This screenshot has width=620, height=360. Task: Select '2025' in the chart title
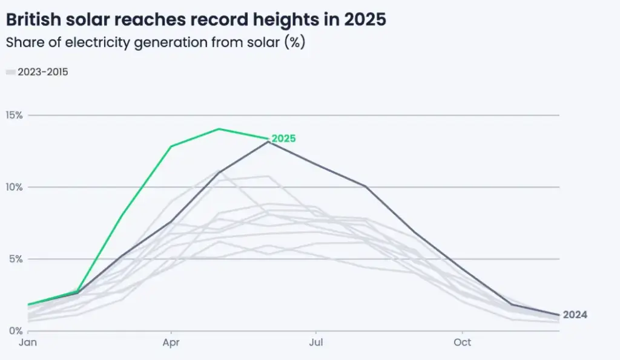tap(364, 19)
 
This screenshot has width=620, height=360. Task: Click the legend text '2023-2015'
tap(43, 72)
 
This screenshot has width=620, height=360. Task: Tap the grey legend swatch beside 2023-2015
tap(10, 73)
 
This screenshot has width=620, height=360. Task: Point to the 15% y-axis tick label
tap(14, 115)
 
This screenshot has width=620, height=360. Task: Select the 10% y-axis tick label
tap(14, 187)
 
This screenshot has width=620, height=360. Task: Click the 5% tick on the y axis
tap(16, 259)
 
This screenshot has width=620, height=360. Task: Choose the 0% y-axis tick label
tap(16, 331)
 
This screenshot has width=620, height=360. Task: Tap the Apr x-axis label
tap(171, 342)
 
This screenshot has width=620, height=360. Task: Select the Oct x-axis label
tap(462, 342)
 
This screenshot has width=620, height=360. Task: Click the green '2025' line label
tap(283, 139)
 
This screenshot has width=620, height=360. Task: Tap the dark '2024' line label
tap(575, 315)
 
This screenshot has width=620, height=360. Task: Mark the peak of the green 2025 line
tap(219, 129)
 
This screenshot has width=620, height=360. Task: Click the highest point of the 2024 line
tap(268, 142)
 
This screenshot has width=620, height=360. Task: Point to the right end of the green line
tap(267, 139)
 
